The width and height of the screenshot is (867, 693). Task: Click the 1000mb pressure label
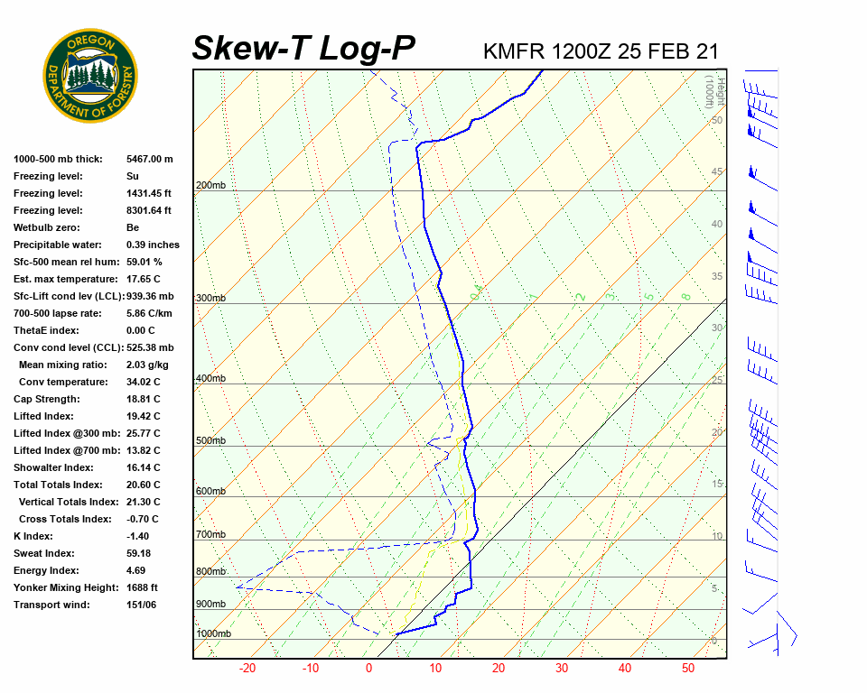pos(213,634)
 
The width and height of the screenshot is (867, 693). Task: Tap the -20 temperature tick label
pos(247,669)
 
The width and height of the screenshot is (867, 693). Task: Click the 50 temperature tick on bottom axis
pos(688,669)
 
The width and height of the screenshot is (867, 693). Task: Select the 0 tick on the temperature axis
pos(368,669)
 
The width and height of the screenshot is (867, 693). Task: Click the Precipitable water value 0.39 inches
pos(153,245)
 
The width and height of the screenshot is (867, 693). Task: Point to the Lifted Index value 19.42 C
pos(143,416)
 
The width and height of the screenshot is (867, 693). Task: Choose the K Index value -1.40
pos(137,536)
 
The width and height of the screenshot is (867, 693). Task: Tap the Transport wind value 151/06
pos(141,605)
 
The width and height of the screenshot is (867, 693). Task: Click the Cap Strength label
pos(46,399)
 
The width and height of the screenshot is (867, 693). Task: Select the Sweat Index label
pos(43,553)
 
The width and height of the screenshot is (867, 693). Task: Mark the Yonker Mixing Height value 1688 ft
pos(142,587)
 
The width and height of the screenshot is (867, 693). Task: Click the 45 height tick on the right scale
pos(717,172)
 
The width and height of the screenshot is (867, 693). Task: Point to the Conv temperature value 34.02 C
pos(143,382)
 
